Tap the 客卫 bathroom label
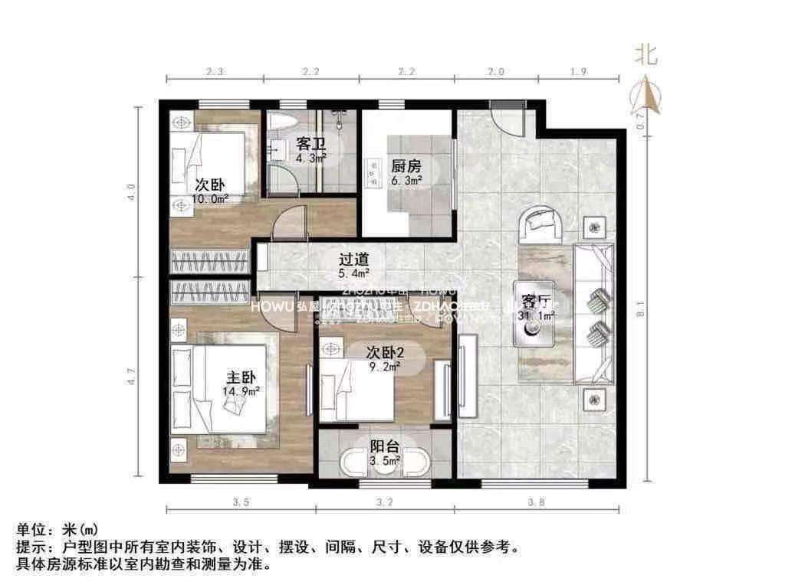click(309, 143)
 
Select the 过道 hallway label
click(355, 259)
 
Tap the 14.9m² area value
click(241, 392)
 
